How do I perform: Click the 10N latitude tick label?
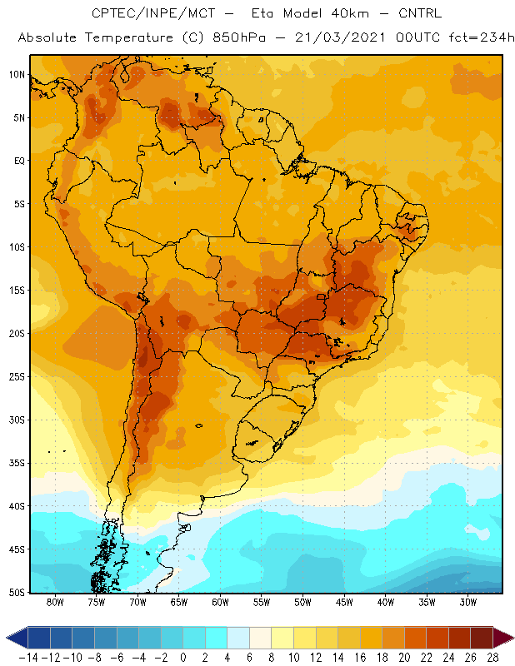coord(17,75)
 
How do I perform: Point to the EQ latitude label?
coord(19,161)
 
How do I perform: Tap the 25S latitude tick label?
coord(17,377)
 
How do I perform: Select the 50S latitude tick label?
coord(17,593)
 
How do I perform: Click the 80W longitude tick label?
coord(55,602)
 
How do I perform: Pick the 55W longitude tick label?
coord(262,602)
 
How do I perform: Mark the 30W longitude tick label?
coord(468,602)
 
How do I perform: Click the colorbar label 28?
coord(492,658)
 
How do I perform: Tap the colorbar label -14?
coord(29,658)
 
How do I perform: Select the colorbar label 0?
coord(183,658)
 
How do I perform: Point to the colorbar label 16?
coord(360,658)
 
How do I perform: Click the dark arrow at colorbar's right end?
coord(503,638)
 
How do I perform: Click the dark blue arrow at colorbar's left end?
coord(17,638)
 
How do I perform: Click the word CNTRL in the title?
coord(420,13)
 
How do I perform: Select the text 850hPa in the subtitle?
coord(239,37)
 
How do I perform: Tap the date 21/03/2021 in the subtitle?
coord(340,37)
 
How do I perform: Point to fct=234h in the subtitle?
coord(482,37)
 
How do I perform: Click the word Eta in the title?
coord(262,13)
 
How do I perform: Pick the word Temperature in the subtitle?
coord(129,38)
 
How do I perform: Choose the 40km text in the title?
coord(349,13)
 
